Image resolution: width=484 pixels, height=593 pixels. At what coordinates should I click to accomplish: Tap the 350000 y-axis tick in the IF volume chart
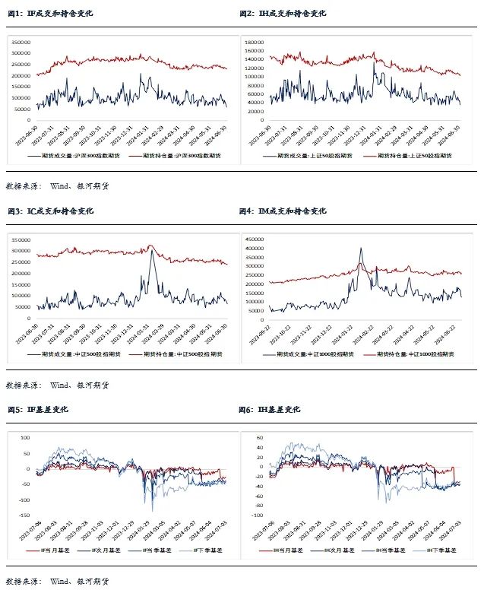pyautogui.click(x=19, y=43)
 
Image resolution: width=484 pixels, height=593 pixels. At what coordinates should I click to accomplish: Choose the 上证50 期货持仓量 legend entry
pyautogui.click(x=407, y=155)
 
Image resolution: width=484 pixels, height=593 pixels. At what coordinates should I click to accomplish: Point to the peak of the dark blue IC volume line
pyautogui.click(x=152, y=251)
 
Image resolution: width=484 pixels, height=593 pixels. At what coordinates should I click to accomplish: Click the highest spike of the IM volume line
pyautogui.click(x=361, y=248)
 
